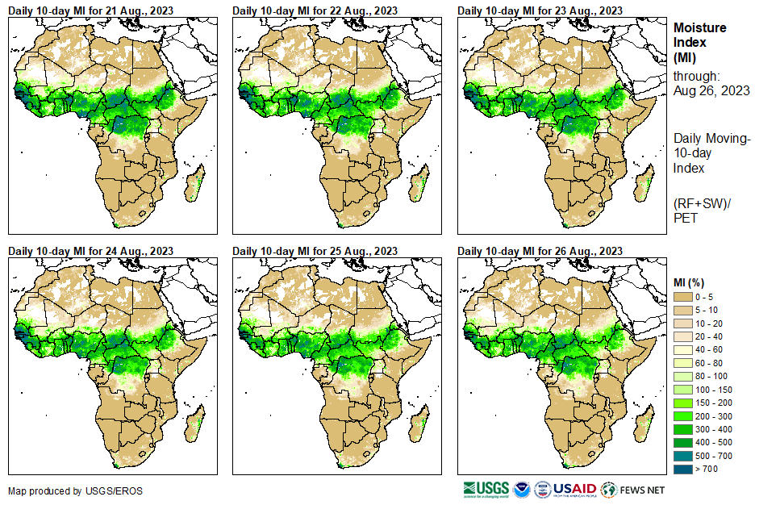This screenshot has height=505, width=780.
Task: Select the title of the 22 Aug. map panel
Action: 315,10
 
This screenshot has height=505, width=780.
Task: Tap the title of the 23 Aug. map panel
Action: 540,10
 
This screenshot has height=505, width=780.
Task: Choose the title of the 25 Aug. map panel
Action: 315,250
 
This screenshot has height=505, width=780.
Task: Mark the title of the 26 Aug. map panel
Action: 540,250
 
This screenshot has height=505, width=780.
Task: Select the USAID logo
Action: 574,489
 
